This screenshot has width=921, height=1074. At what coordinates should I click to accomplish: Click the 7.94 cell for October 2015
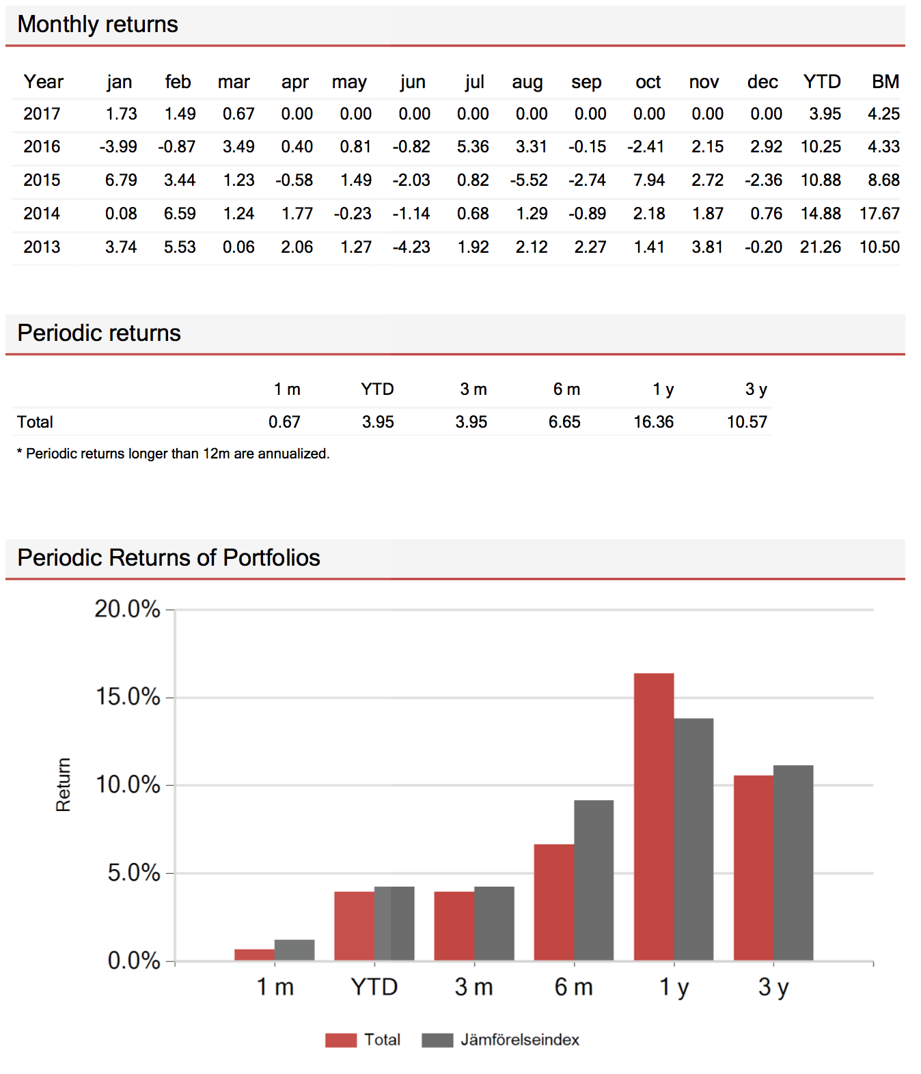pyautogui.click(x=648, y=180)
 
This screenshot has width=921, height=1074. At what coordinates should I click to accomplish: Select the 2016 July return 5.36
pyautogui.click(x=472, y=146)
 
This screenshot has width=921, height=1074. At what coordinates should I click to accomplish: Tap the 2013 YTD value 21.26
pyautogui.click(x=820, y=247)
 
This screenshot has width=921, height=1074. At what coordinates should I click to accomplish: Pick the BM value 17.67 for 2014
pyautogui.click(x=879, y=214)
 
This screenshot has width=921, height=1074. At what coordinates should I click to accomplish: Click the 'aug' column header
pyautogui.click(x=527, y=82)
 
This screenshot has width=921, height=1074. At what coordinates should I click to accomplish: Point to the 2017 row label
pyautogui.click(x=42, y=114)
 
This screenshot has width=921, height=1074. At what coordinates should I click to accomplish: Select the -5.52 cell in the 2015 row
pyautogui.click(x=529, y=180)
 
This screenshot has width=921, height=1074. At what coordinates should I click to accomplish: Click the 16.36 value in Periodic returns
pyautogui.click(x=653, y=422)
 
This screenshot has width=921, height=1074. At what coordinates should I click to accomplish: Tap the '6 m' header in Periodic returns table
pyautogui.click(x=566, y=389)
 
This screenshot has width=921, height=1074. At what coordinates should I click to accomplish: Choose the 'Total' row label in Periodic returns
pyautogui.click(x=35, y=422)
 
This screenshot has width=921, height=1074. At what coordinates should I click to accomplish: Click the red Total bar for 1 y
pyautogui.click(x=653, y=817)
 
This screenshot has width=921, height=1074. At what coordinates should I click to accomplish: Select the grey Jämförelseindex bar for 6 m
pyautogui.click(x=594, y=880)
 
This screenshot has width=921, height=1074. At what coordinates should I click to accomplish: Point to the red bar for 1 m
pyautogui.click(x=254, y=954)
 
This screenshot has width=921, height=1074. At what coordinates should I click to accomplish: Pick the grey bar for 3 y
pyautogui.click(x=793, y=862)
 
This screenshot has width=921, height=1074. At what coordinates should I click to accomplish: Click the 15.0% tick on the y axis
pyautogui.click(x=128, y=697)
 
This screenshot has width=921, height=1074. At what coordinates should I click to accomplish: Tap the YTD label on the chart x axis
pyautogui.click(x=374, y=987)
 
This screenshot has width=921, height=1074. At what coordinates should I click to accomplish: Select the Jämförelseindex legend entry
pyautogui.click(x=501, y=1041)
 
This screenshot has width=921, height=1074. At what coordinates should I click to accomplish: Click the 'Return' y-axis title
pyautogui.click(x=63, y=784)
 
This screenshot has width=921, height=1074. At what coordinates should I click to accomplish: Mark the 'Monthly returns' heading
pyautogui.click(x=98, y=25)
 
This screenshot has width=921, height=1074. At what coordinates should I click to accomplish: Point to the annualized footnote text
pyautogui.click(x=173, y=454)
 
